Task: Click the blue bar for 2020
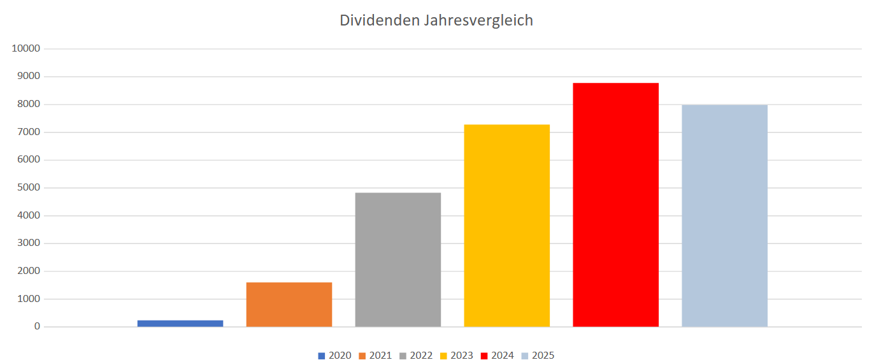pos(180,323)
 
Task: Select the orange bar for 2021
pos(289,305)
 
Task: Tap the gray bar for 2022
pos(398,260)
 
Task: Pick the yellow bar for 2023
pos(507,226)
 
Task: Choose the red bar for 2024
pos(616,205)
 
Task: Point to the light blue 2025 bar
pos(725,216)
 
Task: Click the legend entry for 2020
pos(335,356)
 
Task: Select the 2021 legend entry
pos(376,356)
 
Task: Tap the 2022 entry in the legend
pos(416,356)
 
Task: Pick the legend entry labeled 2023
pos(457,356)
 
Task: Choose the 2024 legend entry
pos(498,356)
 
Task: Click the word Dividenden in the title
pos(378,20)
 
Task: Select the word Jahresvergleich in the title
pos(478,20)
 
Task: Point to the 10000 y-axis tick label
pos(26,49)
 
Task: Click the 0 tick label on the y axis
pos(38,327)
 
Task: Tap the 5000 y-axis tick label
pos(29,188)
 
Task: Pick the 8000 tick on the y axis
pos(29,104)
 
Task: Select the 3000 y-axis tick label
pos(29,243)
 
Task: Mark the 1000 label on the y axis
pos(29,299)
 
